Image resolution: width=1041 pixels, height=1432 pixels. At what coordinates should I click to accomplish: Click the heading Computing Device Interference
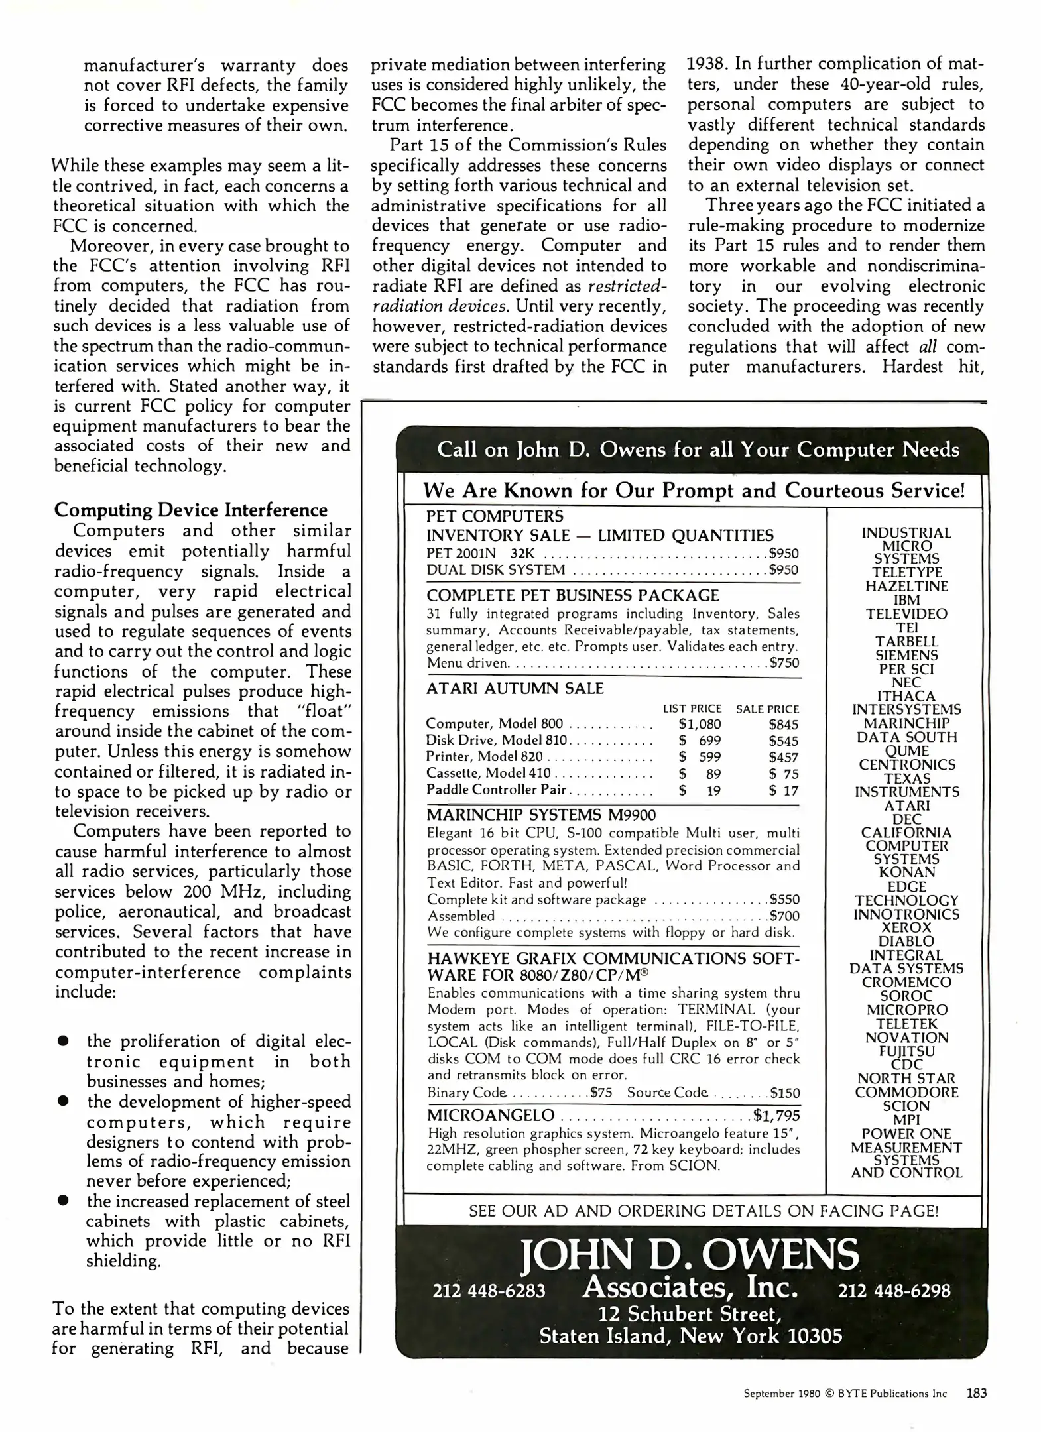click(191, 510)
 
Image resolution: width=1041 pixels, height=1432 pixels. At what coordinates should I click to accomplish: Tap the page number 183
click(976, 1393)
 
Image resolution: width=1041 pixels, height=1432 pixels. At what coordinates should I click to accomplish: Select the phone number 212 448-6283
click(489, 1291)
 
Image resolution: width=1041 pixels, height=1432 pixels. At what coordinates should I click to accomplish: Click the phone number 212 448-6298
click(894, 1291)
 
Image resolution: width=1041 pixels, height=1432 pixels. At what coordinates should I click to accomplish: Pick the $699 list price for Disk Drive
click(700, 741)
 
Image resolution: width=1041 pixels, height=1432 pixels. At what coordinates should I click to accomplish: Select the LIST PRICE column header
click(692, 709)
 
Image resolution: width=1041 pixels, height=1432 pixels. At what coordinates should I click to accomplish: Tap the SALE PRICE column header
click(767, 709)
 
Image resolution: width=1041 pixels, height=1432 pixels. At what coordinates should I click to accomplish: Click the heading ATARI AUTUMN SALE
click(515, 688)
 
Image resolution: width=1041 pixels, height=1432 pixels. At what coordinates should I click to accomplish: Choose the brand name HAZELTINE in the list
click(906, 586)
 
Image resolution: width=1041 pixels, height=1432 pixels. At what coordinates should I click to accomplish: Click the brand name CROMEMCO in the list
click(906, 982)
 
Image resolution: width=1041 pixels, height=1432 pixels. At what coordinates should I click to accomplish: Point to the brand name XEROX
click(906, 927)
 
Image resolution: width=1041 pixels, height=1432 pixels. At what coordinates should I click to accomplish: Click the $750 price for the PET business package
click(784, 663)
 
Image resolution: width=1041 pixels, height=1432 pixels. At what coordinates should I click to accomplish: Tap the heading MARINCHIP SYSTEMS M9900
click(541, 815)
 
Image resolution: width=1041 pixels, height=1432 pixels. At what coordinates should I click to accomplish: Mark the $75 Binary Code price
click(601, 1093)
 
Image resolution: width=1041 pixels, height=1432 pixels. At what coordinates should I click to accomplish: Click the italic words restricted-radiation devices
click(519, 296)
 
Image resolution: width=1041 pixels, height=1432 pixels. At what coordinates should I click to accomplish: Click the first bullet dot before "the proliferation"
click(64, 1041)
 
